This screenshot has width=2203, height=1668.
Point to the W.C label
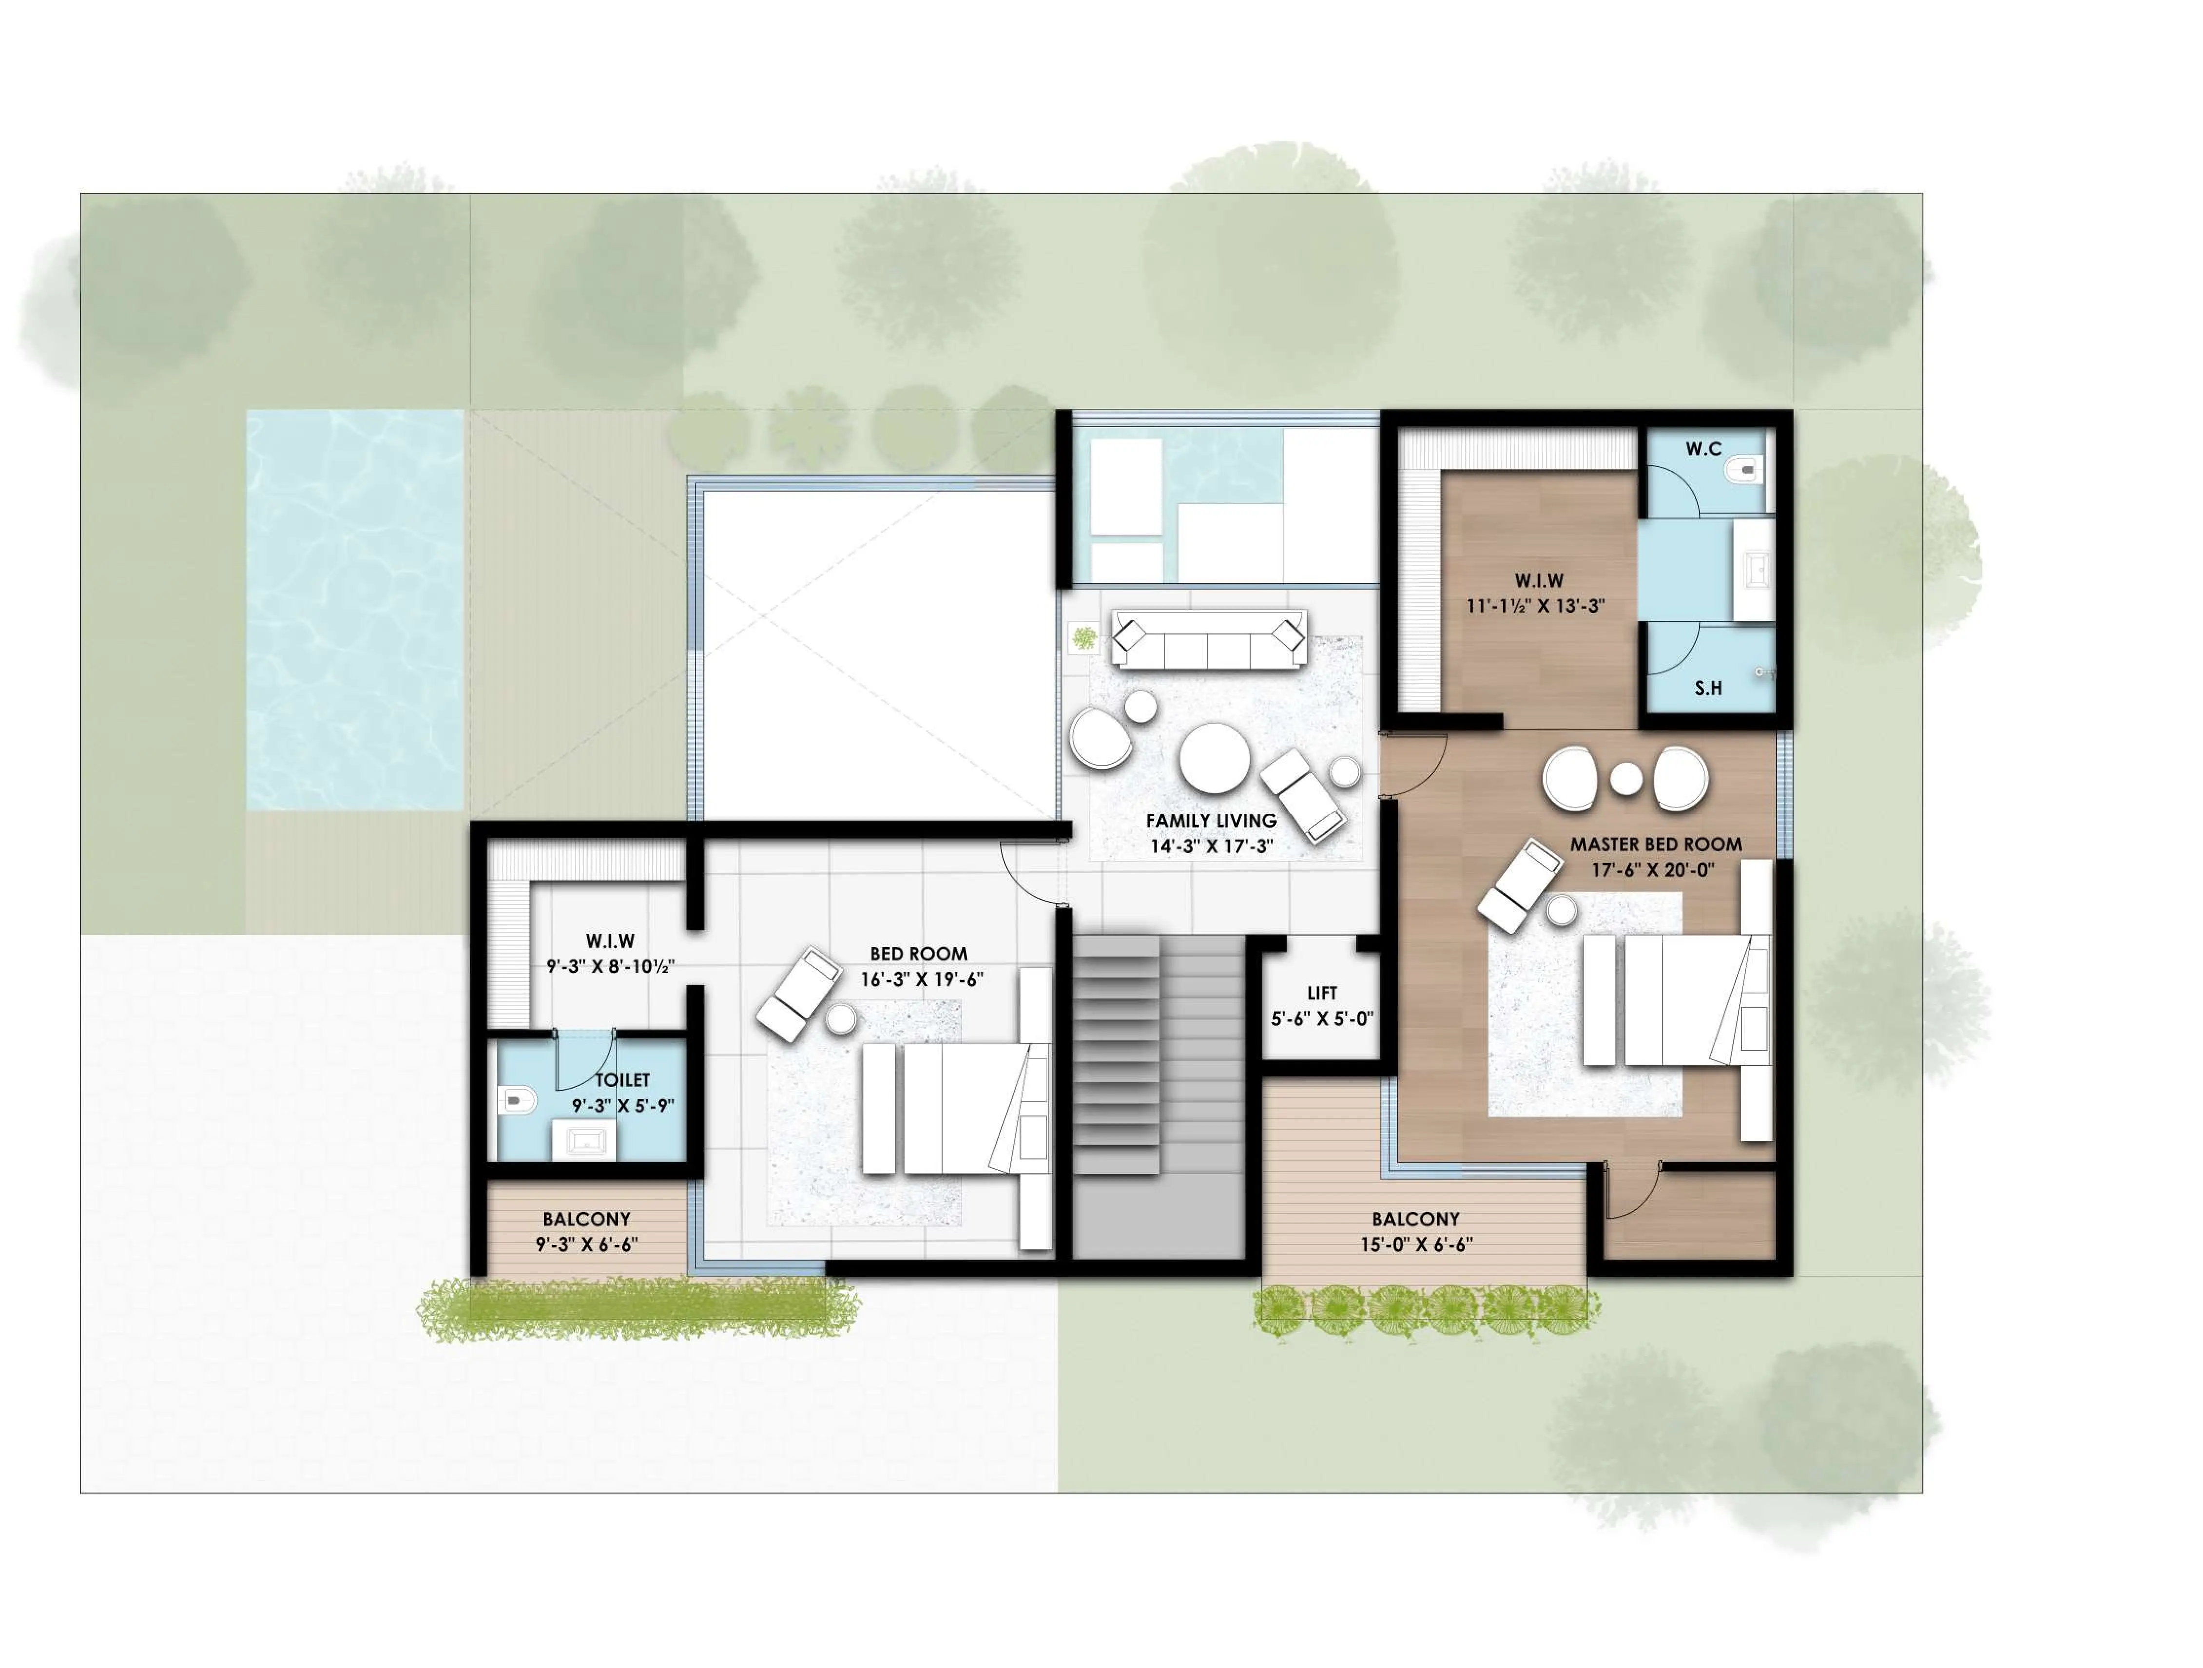click(x=1703, y=449)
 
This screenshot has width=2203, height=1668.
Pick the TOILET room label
click(x=622, y=1079)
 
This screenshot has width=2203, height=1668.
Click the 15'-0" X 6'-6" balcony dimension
click(x=1415, y=1244)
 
